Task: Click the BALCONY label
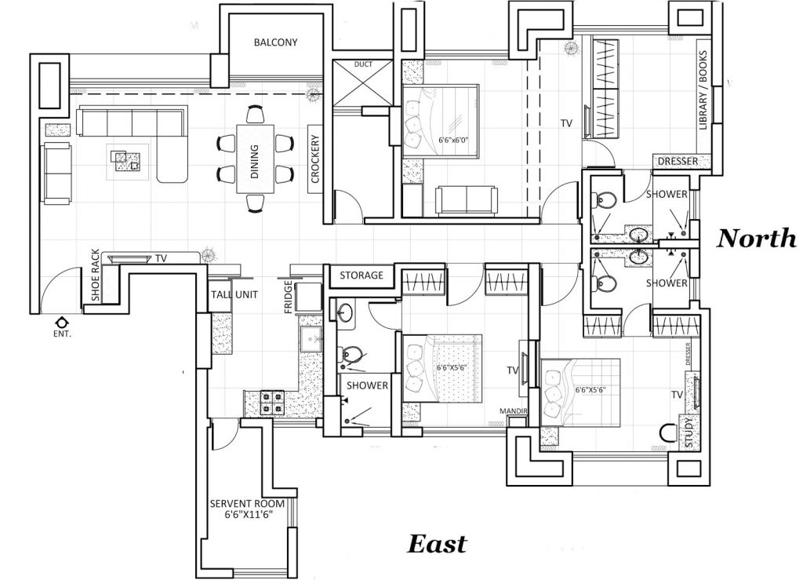click(275, 42)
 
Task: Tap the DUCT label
click(363, 64)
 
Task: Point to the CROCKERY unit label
click(315, 160)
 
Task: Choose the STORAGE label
click(362, 275)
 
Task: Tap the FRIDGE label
click(289, 297)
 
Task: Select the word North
click(756, 239)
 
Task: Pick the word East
click(436, 544)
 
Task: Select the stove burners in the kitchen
click(271, 402)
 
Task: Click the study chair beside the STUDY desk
click(667, 432)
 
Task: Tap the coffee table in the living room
click(127, 160)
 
